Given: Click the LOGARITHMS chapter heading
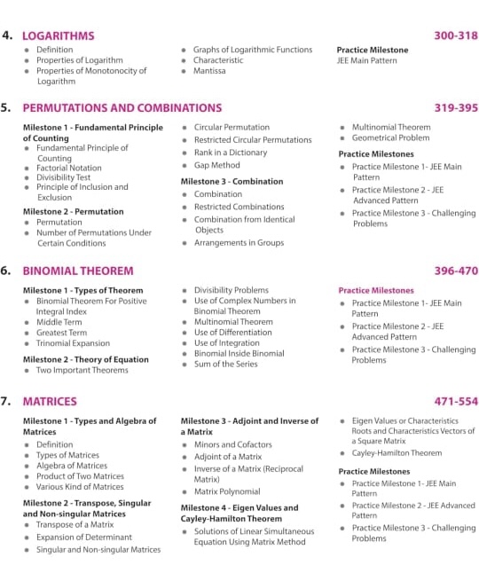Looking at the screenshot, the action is click(x=59, y=35).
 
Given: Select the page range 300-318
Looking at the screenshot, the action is click(x=456, y=35).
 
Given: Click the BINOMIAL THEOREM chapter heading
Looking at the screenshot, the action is click(x=78, y=271).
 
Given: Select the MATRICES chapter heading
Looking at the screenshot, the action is click(x=50, y=401).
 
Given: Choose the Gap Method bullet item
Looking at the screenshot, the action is click(x=217, y=165).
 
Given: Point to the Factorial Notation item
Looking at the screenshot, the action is click(x=68, y=168).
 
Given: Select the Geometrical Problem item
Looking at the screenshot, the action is click(x=390, y=139).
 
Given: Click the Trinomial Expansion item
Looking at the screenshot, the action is click(x=73, y=343).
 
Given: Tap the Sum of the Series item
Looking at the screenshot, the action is click(x=226, y=364).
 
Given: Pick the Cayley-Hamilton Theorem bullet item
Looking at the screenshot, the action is click(x=397, y=452).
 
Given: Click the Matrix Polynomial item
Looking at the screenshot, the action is click(x=227, y=491).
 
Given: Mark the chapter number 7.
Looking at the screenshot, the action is click(x=6, y=401).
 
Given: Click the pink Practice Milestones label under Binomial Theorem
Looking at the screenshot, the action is click(x=376, y=290).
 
